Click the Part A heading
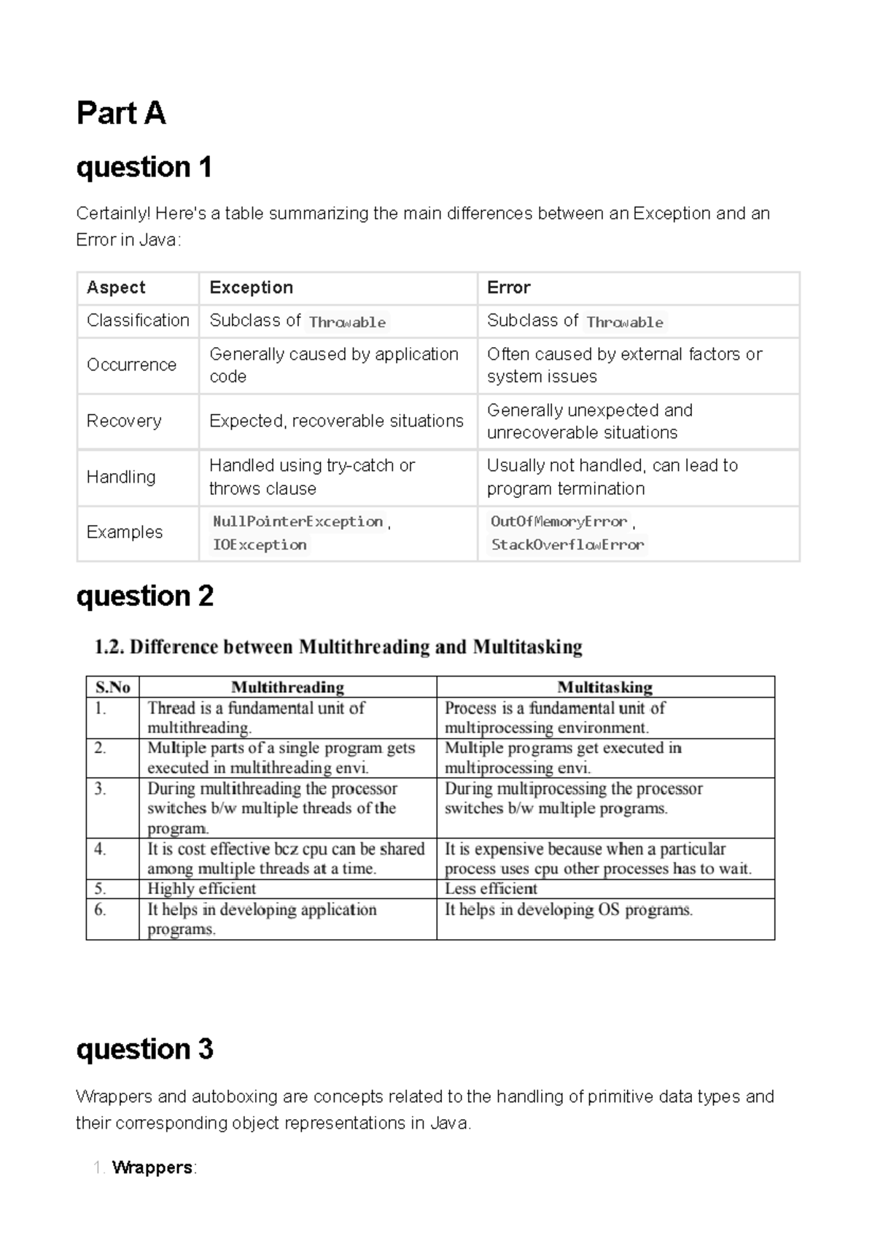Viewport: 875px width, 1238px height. [x=121, y=114]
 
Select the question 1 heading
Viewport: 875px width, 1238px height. [x=144, y=168]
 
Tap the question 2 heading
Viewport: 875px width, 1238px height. [x=144, y=596]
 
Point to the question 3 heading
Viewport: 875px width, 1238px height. [x=144, y=1049]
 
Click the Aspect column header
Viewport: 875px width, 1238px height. [x=116, y=287]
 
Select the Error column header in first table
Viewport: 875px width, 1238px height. [x=508, y=287]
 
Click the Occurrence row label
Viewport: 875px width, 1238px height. [x=131, y=365]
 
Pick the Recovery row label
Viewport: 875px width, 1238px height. [x=124, y=421]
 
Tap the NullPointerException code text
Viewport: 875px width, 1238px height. [x=297, y=521]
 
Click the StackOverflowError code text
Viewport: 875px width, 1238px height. [x=567, y=545]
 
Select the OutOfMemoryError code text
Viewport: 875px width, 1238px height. [x=559, y=521]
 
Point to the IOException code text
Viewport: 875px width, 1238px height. [x=260, y=545]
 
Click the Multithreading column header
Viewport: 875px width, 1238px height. [x=287, y=687]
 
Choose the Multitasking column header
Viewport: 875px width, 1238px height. [x=604, y=687]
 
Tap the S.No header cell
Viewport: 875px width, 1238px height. [x=112, y=687]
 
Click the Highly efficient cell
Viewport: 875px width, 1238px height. [x=202, y=889]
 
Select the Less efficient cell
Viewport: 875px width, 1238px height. [x=491, y=889]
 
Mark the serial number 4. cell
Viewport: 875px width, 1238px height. [x=100, y=849]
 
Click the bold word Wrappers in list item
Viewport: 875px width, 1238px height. [x=152, y=1167]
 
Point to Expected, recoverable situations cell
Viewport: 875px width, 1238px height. [x=336, y=421]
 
